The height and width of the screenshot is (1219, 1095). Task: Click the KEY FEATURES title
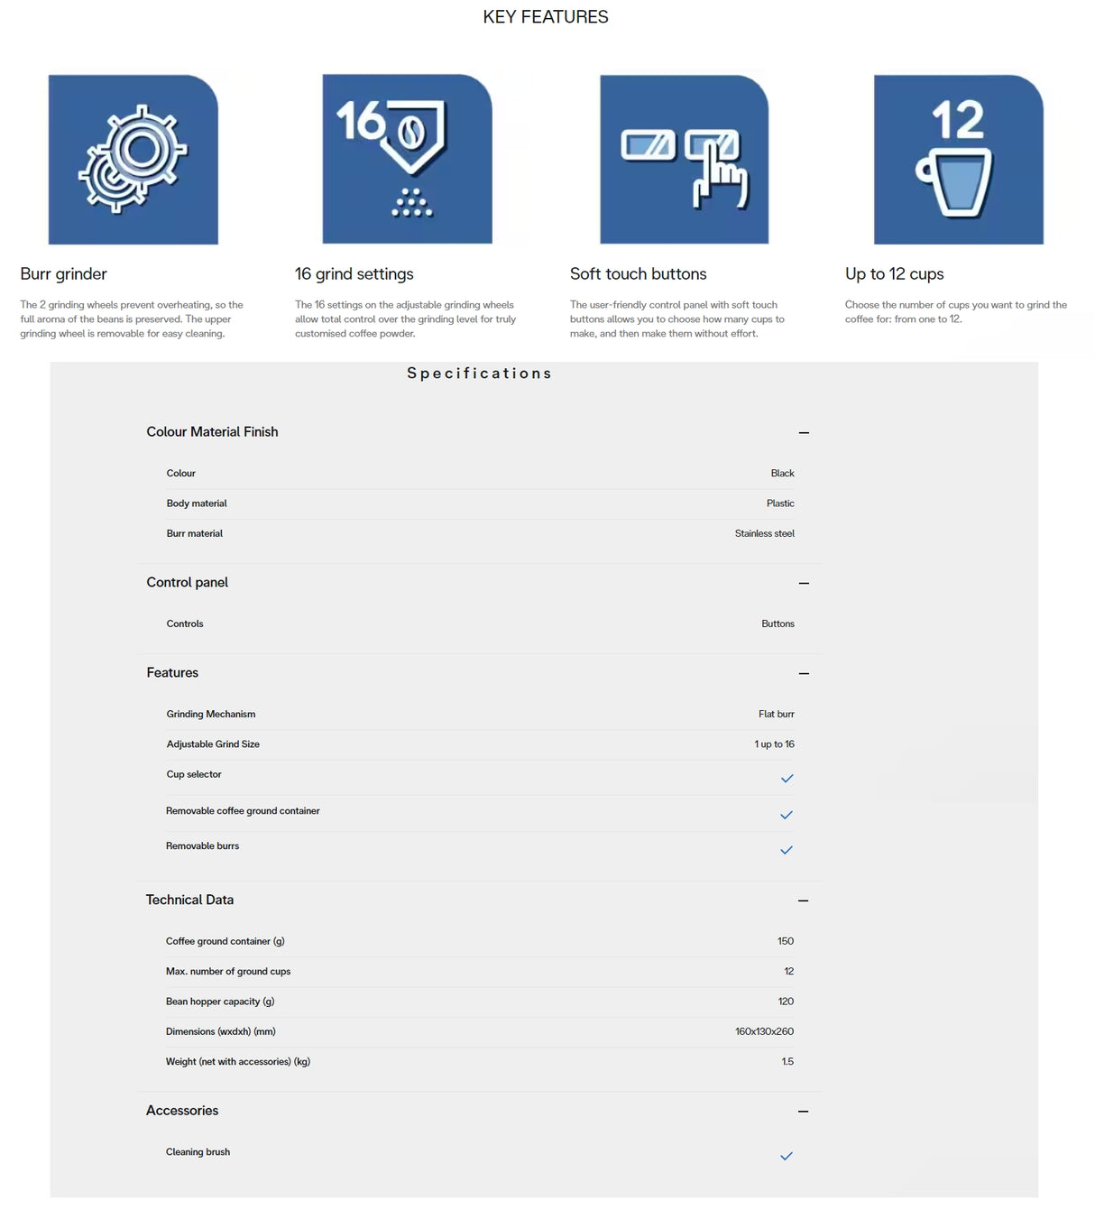coord(546,17)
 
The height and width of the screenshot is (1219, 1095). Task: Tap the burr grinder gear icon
coord(133,159)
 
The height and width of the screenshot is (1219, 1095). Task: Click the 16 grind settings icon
coord(407,159)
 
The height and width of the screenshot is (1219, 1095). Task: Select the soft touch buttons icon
coord(685,159)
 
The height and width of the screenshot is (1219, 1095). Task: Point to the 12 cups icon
coord(958,159)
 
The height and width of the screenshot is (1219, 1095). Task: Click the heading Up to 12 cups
coord(894,273)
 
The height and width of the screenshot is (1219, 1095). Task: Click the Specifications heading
coord(479,374)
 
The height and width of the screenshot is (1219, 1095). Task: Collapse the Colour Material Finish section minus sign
coord(804,433)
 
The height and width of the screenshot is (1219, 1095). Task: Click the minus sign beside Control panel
coord(804,583)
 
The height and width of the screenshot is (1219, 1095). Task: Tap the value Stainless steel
coord(764,534)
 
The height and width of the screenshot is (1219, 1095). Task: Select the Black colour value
coord(782,474)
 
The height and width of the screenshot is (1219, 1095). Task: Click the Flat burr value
coord(776,715)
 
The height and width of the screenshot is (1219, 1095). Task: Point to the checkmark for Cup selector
coord(787,778)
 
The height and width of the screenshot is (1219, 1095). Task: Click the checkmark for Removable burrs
coord(787,850)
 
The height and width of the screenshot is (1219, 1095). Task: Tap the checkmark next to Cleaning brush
coord(787,1156)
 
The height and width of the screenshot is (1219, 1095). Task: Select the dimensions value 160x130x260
coord(764,1031)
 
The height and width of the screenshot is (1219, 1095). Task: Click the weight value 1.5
coord(787,1062)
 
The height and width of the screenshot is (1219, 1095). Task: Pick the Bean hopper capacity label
coord(220,1002)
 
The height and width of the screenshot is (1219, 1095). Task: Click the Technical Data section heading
coord(189,900)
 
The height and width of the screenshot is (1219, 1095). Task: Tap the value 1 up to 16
coord(774,744)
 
